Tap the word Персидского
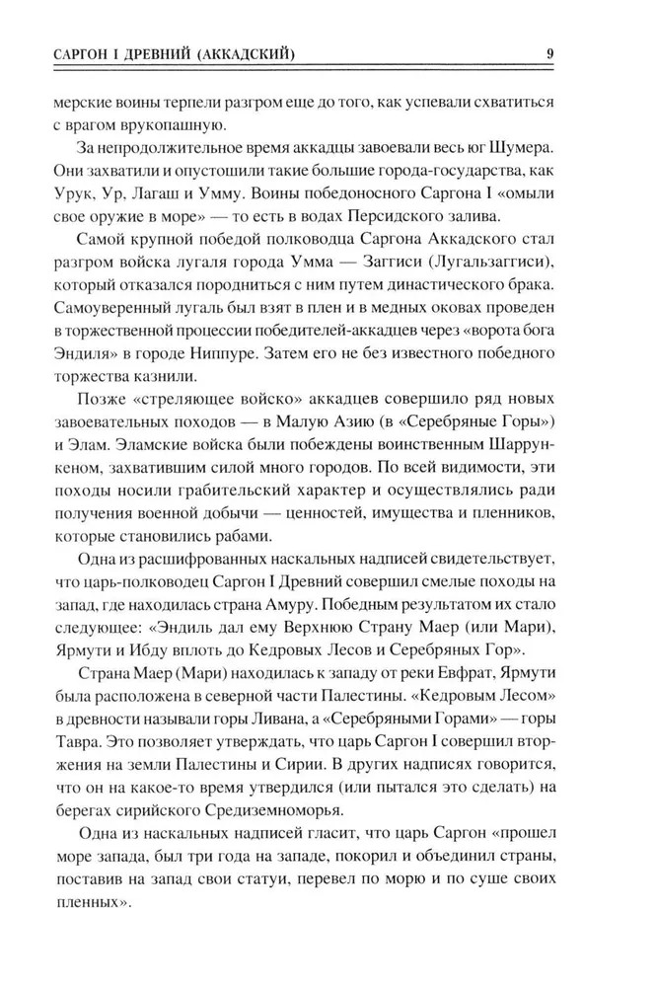[410, 219]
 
